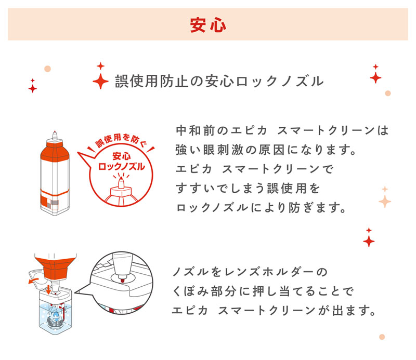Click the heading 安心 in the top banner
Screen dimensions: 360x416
tap(207, 25)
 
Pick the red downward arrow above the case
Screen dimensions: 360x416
tap(48, 289)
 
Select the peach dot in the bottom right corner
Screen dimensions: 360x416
tap(382, 337)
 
